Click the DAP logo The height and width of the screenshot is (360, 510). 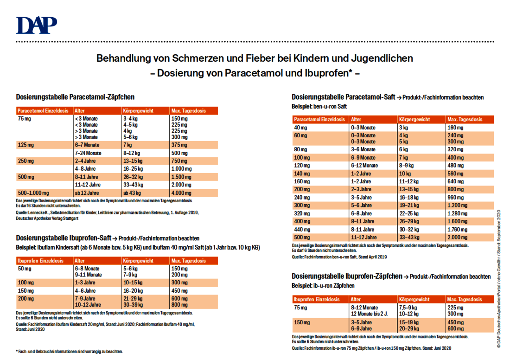point(37,25)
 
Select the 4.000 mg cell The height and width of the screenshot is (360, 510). point(181,193)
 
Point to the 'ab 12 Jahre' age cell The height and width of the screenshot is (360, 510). point(87,193)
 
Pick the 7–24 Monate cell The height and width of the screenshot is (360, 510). point(88,153)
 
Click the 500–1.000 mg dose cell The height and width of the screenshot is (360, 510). point(33,193)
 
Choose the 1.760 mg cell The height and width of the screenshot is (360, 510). point(457,230)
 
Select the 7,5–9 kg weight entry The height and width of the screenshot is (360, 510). point(408,308)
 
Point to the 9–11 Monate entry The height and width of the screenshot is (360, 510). point(88,275)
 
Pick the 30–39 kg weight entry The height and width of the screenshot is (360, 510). point(133,305)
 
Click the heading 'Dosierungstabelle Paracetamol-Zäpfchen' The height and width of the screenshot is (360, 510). point(75,97)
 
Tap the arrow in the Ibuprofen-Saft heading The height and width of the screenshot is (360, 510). point(115,238)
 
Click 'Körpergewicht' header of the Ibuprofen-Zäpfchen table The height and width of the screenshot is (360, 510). point(414,299)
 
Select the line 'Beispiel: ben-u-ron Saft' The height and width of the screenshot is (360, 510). point(319,106)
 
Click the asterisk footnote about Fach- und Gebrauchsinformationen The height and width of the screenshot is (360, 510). point(69,352)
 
